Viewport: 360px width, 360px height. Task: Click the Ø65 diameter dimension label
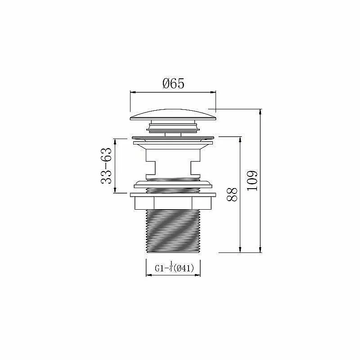pyautogui.click(x=173, y=83)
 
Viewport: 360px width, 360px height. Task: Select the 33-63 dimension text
pyautogui.click(x=106, y=166)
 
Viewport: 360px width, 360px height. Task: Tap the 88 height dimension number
pyautogui.click(x=232, y=194)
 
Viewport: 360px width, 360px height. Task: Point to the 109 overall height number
pyautogui.click(x=252, y=180)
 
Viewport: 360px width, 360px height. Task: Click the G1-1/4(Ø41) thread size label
pyautogui.click(x=175, y=268)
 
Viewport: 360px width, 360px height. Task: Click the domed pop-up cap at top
pyautogui.click(x=173, y=115)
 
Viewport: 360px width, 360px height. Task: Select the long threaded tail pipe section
pyautogui.click(x=173, y=231)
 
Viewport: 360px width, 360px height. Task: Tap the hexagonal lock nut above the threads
pyautogui.click(x=173, y=203)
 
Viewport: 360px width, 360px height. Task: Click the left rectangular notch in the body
pyautogui.click(x=151, y=167)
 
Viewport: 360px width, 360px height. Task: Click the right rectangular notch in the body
pyautogui.click(x=195, y=167)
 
